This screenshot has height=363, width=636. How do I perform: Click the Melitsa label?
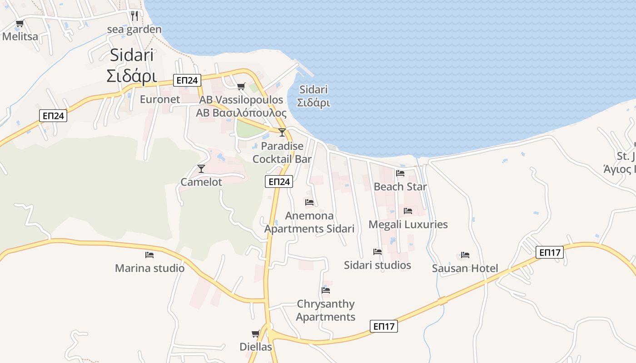20,37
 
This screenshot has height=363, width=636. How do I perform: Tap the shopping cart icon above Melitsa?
20,23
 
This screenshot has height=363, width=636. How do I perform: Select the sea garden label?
134,29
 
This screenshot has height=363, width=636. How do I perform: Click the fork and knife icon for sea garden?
134,16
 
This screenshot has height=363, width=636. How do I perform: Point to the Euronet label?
160,99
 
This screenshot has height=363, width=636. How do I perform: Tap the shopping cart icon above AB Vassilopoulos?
241,86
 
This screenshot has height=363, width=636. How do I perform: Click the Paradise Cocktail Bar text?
282,152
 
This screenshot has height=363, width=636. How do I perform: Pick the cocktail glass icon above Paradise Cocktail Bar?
282,132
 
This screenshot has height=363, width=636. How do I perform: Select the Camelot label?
201,182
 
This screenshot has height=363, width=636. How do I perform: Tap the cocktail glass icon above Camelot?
201,169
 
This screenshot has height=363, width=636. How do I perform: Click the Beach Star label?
400,186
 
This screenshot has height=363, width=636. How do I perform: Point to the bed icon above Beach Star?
400,173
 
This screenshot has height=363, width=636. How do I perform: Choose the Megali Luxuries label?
408,224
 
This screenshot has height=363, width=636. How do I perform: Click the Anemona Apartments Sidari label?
309,222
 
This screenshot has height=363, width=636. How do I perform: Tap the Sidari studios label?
378,265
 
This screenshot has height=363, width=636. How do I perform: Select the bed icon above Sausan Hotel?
465,255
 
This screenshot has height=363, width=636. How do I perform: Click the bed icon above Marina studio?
149,255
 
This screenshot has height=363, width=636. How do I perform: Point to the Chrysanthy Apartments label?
326,310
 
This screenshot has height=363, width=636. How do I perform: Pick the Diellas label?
256,347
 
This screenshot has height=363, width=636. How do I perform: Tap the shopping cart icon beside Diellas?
256,334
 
